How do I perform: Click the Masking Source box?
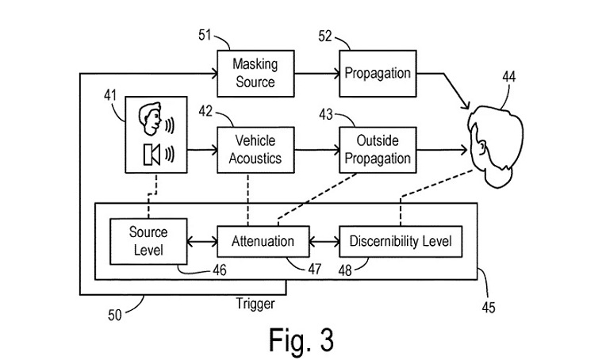253,73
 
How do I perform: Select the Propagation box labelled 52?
377,73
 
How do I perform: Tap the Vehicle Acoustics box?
255,148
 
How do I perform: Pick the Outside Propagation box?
377,148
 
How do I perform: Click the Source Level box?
148,241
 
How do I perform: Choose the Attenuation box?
262,241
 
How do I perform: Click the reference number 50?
116,315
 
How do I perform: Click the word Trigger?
257,303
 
